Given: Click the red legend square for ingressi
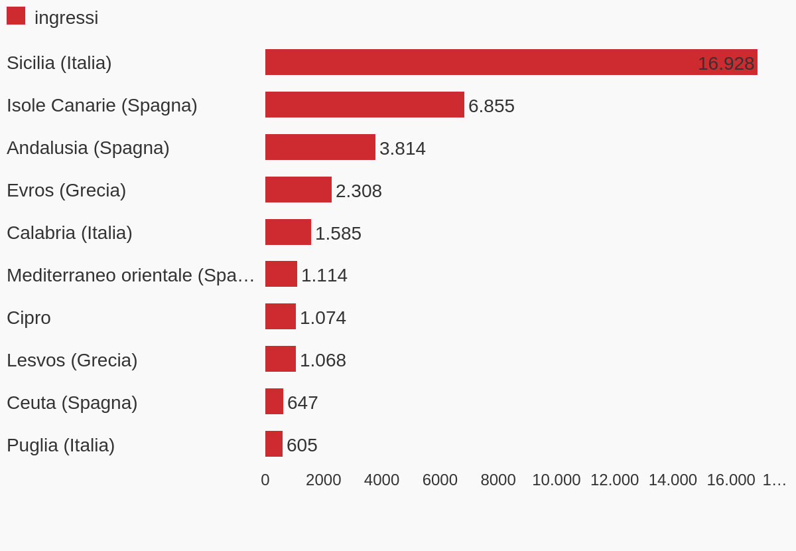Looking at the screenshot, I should click(16, 16).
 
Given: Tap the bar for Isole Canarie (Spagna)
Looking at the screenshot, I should click(365, 105).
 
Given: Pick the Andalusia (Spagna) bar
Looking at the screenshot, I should click(320, 147).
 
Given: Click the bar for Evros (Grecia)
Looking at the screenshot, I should click(298, 190).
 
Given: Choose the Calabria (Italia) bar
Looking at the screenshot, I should click(288, 232).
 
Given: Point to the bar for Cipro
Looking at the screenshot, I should click(281, 317).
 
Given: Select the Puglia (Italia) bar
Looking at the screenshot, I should click(274, 444).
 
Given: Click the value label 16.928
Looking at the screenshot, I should click(726, 64).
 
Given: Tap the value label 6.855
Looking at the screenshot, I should click(492, 106).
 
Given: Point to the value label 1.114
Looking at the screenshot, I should click(324, 275).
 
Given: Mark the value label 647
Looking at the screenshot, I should click(302, 403).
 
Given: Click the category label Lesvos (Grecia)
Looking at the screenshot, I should click(72, 360).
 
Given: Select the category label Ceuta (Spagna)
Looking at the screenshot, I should click(72, 403).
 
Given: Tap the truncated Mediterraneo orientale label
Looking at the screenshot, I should click(131, 275).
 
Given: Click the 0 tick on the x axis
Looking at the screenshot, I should click(265, 480).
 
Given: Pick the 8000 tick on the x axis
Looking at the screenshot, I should click(498, 480).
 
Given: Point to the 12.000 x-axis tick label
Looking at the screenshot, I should click(614, 480).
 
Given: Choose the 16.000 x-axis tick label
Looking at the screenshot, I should click(731, 480).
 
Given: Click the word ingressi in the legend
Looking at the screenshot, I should click(66, 18).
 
